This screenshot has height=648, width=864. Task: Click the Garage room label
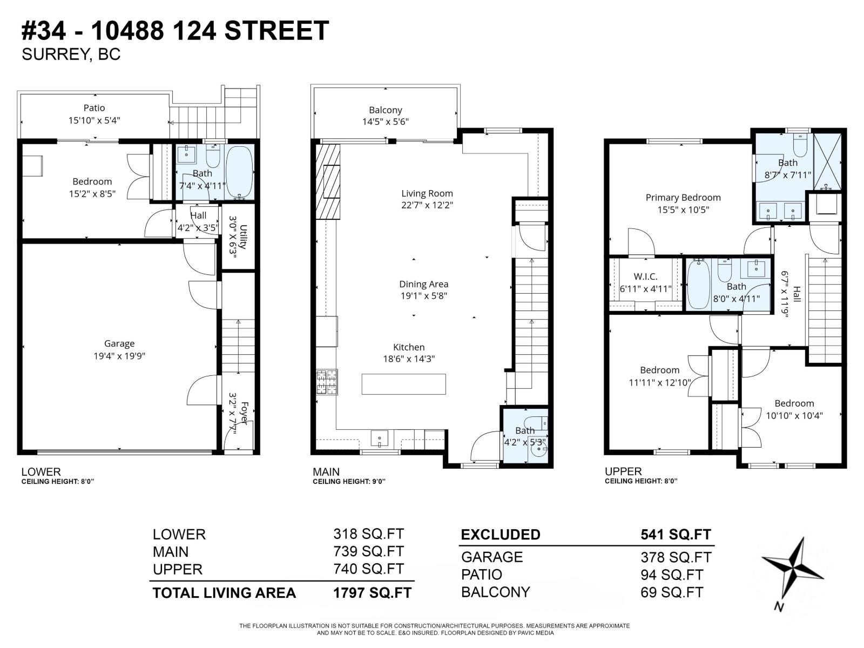click(119, 343)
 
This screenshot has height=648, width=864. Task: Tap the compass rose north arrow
click(793, 570)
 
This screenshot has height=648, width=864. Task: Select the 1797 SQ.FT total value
click(372, 592)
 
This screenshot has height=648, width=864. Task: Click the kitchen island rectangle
click(403, 384)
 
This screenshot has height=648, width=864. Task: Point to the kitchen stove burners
click(327, 382)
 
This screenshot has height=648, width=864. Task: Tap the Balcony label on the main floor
click(385, 110)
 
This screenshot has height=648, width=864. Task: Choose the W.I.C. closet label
click(645, 276)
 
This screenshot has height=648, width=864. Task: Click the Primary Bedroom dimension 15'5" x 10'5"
click(683, 210)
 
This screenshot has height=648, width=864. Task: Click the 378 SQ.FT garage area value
click(676, 557)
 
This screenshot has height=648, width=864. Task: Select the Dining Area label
click(423, 284)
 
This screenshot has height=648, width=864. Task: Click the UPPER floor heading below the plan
click(623, 471)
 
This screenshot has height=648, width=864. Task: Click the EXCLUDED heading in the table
click(500, 535)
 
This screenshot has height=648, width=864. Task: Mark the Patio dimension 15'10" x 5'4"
click(94, 120)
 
